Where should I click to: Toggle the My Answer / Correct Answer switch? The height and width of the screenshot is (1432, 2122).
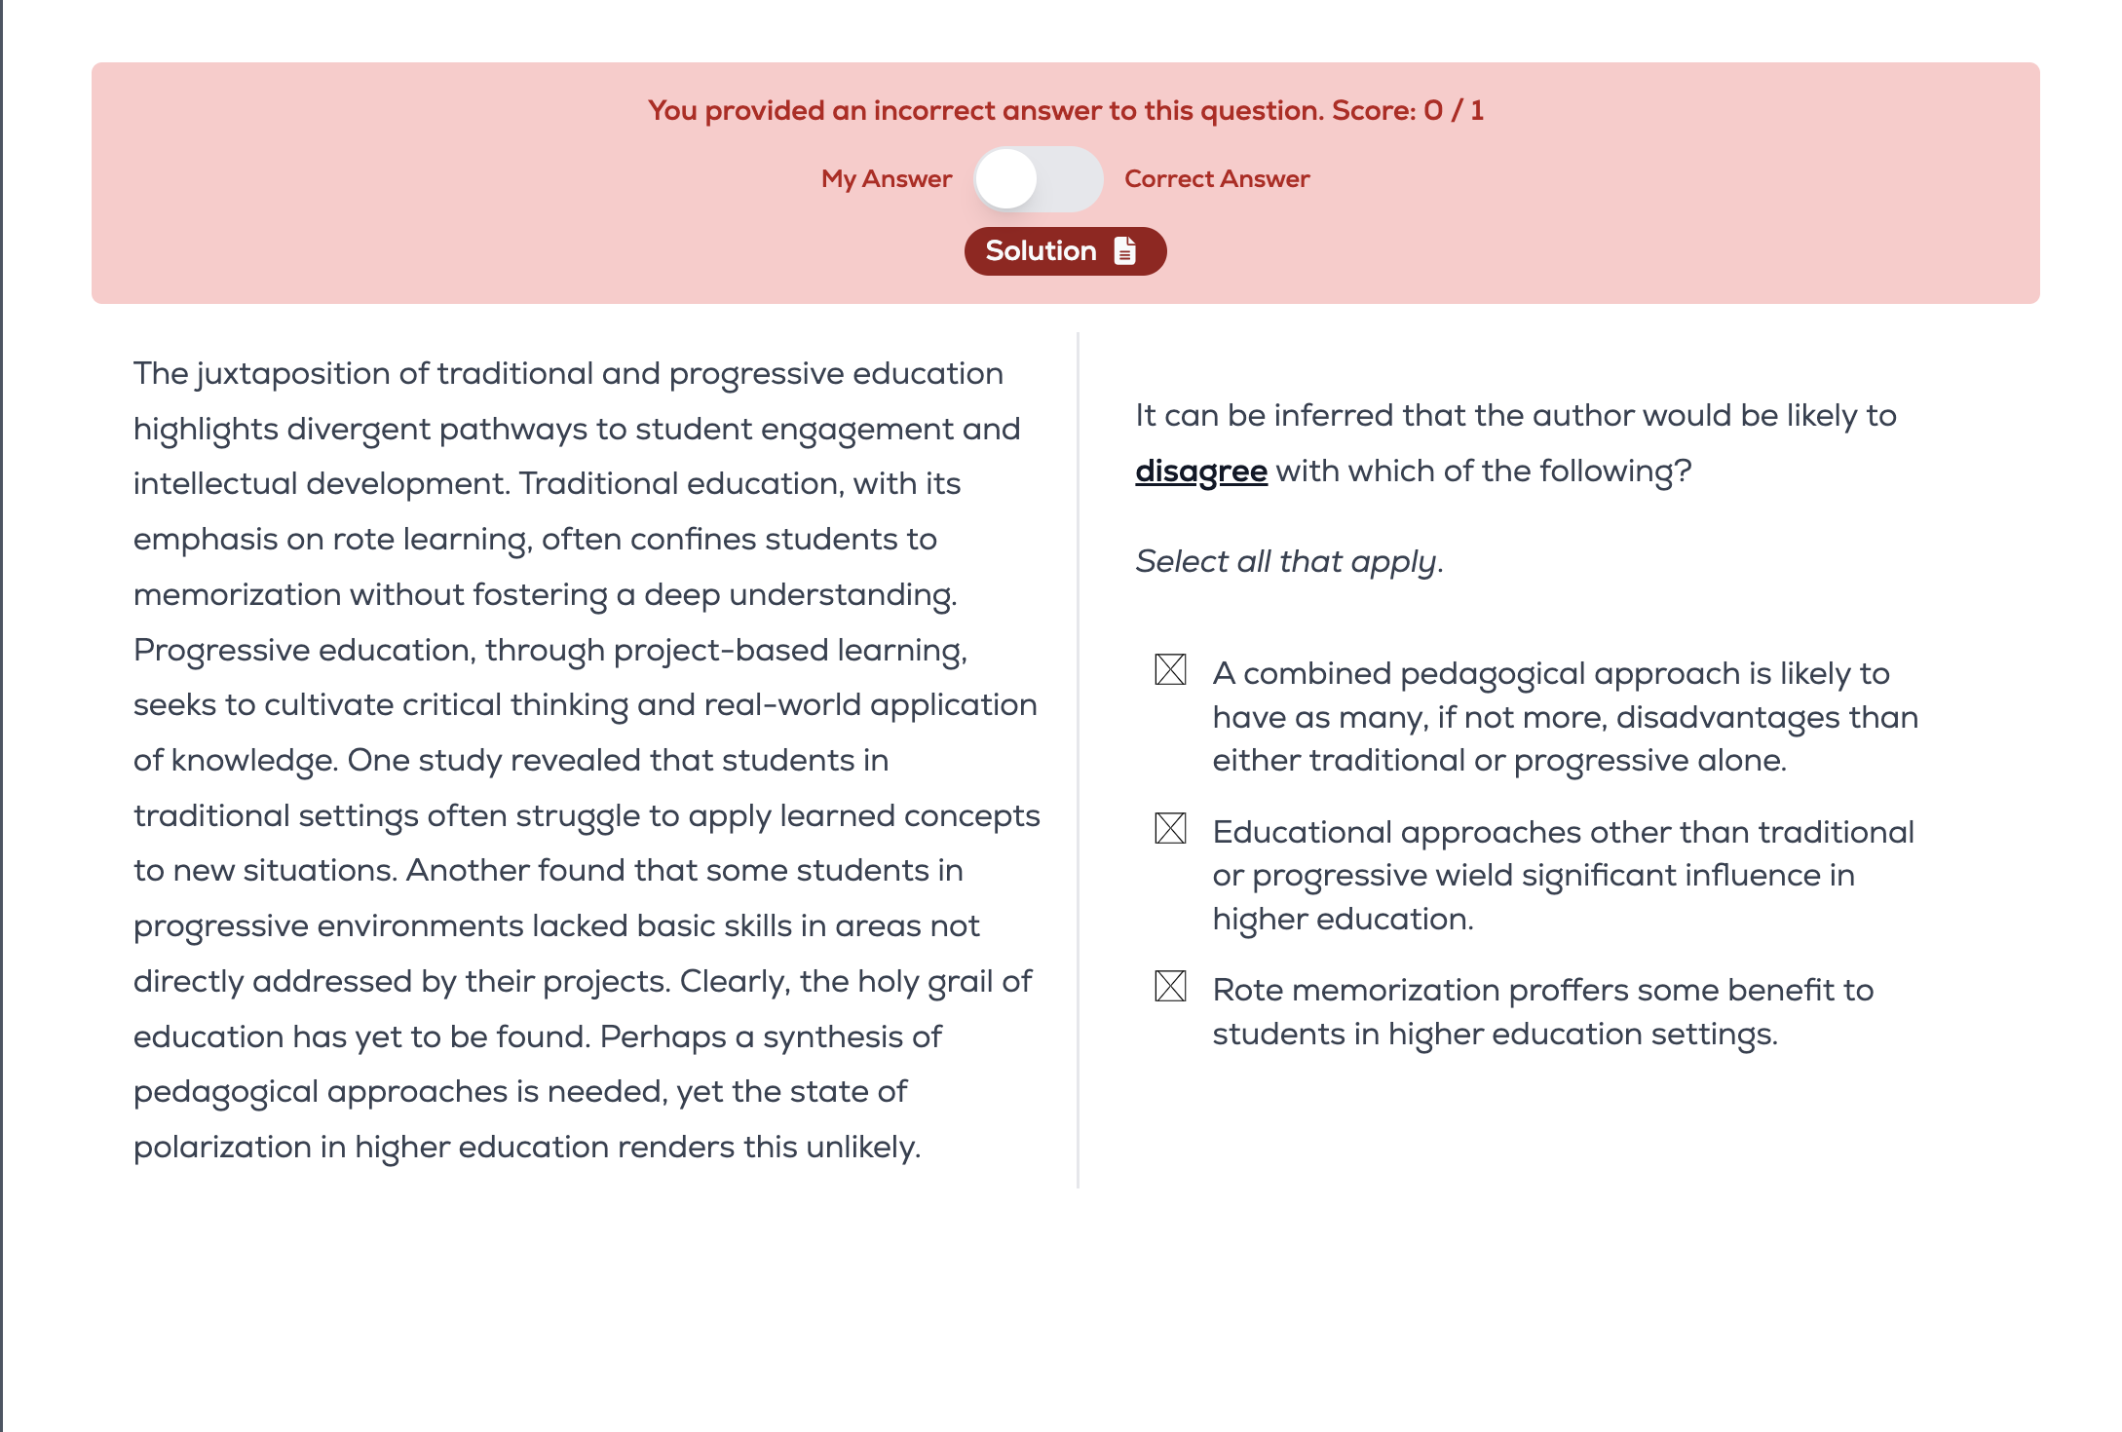(1038, 179)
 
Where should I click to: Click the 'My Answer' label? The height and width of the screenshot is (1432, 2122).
(886, 179)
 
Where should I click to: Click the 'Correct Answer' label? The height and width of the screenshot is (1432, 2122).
(1216, 179)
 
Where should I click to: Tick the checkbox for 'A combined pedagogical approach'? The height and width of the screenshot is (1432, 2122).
(1170, 670)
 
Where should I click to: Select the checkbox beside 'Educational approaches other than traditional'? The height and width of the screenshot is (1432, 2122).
(1170, 829)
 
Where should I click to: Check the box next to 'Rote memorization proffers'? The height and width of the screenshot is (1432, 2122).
(1170, 987)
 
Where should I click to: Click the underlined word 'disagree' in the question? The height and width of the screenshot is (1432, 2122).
(1200, 471)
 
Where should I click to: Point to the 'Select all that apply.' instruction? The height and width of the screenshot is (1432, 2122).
(1288, 562)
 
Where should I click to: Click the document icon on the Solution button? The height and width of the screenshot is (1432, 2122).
(1125, 251)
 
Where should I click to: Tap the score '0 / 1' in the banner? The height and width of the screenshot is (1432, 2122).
(1453, 111)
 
